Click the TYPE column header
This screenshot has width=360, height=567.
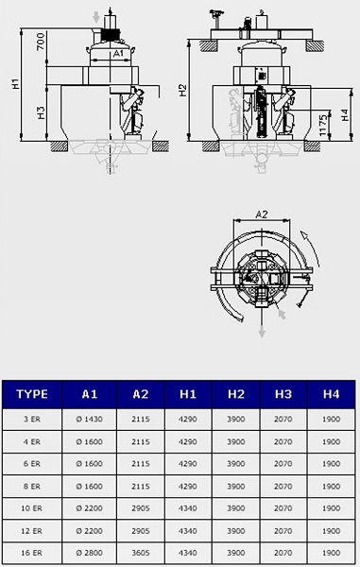click(x=32, y=394)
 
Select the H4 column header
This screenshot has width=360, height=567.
click(x=331, y=394)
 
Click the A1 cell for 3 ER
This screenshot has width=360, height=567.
click(x=89, y=419)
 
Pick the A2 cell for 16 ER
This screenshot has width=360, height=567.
click(x=141, y=553)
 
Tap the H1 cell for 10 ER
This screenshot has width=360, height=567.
click(x=188, y=508)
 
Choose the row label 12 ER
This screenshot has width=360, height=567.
click(x=31, y=531)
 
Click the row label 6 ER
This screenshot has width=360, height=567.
click(x=32, y=464)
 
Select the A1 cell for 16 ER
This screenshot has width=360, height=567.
click(x=89, y=553)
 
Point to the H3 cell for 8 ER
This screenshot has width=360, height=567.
click(x=283, y=487)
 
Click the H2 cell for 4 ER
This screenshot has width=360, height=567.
click(x=236, y=441)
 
